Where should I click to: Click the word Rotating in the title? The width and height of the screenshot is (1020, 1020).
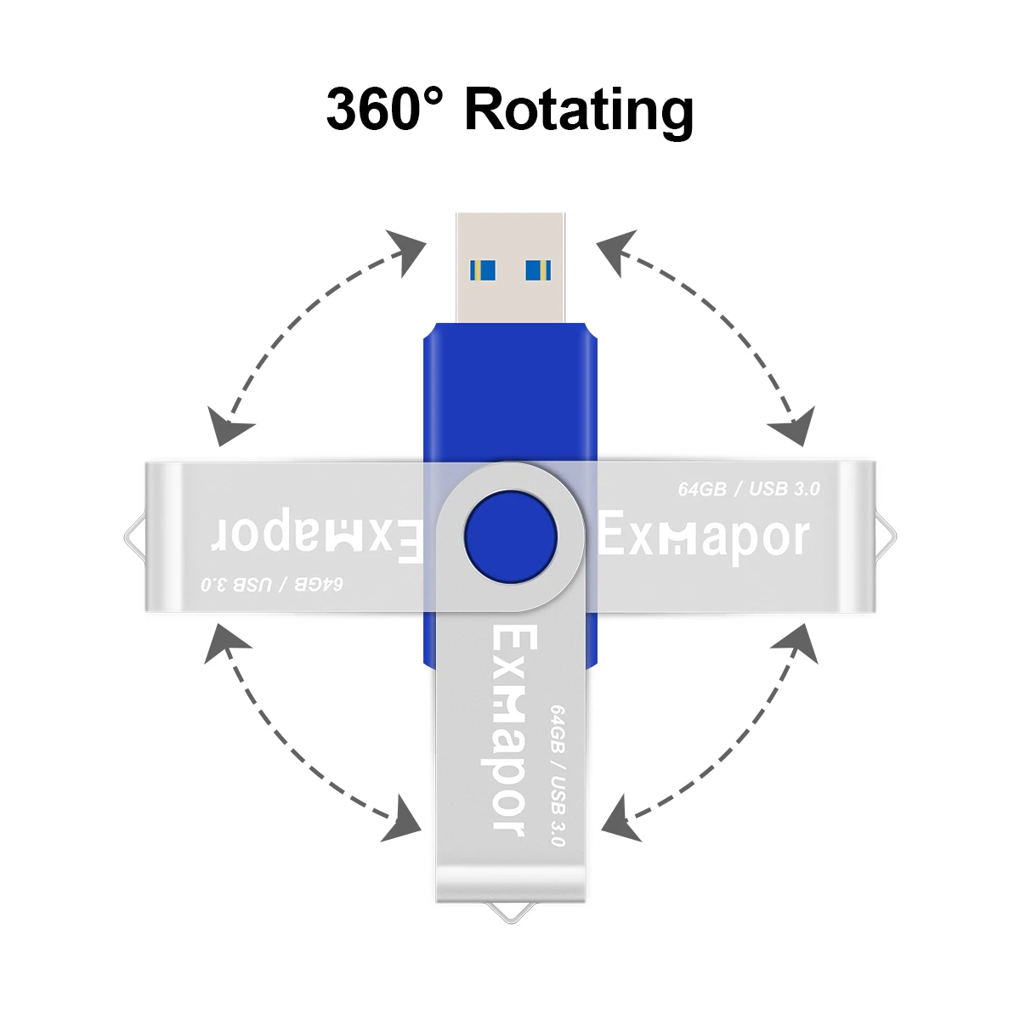point(579,110)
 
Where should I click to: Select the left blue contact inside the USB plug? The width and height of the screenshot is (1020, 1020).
point(482,270)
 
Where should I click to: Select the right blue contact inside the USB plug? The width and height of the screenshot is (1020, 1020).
point(537,270)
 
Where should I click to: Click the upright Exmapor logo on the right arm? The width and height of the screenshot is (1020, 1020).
point(705,537)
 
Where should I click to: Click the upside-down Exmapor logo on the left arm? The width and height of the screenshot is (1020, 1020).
point(315,537)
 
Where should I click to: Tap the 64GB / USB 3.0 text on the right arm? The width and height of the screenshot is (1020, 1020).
point(749,489)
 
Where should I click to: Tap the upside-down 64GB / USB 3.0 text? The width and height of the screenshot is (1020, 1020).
point(273,585)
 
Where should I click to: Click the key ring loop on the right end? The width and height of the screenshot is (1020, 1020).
point(885,537)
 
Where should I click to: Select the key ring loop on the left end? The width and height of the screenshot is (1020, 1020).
point(134,537)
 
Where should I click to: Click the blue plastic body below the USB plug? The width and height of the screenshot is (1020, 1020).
point(510,391)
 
